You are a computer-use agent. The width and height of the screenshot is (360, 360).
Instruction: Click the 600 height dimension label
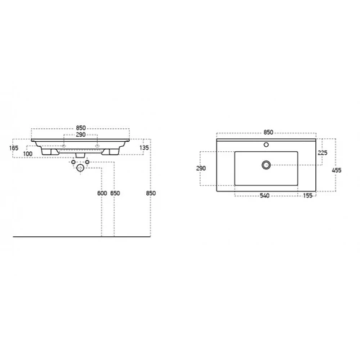102,193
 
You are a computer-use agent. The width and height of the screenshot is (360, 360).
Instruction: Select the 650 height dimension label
115,193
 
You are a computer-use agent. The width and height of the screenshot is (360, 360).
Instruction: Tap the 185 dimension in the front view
14,148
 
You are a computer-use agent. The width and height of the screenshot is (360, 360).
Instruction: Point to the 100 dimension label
28,154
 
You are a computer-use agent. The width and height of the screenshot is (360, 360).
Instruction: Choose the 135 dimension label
144,148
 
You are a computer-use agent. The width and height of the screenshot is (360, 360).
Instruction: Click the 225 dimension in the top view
323,153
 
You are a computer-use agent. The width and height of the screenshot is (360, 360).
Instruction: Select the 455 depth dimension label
336,171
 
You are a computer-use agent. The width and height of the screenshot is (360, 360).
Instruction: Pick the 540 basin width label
264,196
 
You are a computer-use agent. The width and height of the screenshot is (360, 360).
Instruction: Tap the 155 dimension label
307,196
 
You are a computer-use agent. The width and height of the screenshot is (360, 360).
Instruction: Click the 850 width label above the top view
269,132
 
